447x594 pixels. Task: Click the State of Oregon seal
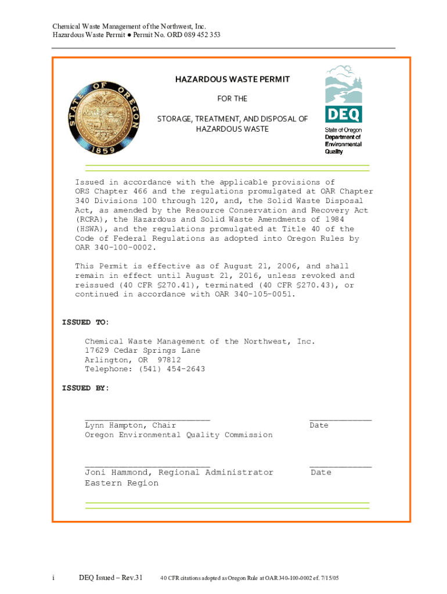[x=104, y=117]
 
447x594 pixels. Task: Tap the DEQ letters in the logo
[x=343, y=114]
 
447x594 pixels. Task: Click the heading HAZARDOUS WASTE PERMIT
[x=232, y=79]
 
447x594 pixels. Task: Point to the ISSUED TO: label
[x=85, y=323]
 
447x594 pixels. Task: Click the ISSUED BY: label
[x=85, y=388]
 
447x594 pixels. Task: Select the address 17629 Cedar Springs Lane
[x=142, y=350]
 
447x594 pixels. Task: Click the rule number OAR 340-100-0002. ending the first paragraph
[x=116, y=248]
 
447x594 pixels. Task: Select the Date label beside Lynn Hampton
[x=319, y=425]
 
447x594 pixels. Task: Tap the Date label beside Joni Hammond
[x=321, y=472]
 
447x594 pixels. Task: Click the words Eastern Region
[x=121, y=483]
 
